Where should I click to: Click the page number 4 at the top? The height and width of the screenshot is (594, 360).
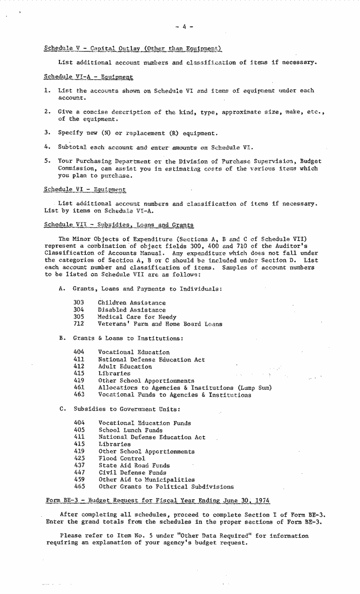pos(184,27)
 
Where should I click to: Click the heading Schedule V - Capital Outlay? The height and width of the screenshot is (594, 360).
pos(133,48)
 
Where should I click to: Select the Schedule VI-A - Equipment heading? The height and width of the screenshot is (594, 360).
pos(88,76)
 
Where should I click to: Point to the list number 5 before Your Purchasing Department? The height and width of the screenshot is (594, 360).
pos(48,161)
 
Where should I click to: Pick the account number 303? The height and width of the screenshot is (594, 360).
pos(79,303)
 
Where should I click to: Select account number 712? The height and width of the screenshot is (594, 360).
pos(79,324)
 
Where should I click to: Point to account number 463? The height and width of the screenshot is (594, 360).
pos(79,395)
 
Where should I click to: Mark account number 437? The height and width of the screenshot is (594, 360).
pos(79,465)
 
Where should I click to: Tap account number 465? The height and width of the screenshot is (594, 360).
pos(79,487)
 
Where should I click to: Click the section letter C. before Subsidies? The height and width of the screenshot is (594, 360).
pos(62,409)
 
